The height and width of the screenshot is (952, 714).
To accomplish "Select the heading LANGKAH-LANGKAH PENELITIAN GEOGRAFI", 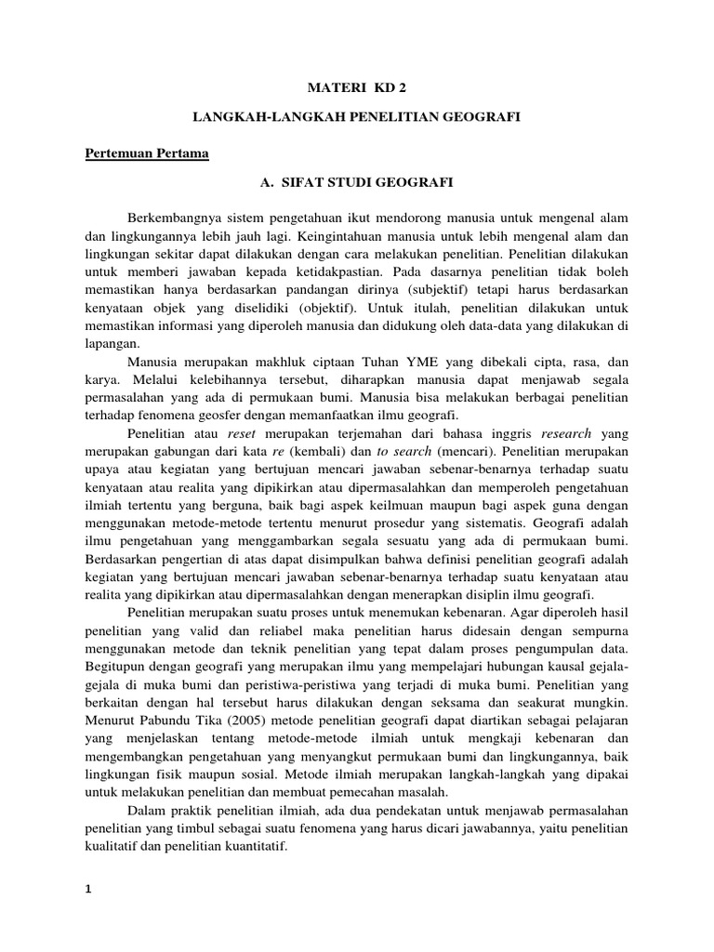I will coord(356,119).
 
